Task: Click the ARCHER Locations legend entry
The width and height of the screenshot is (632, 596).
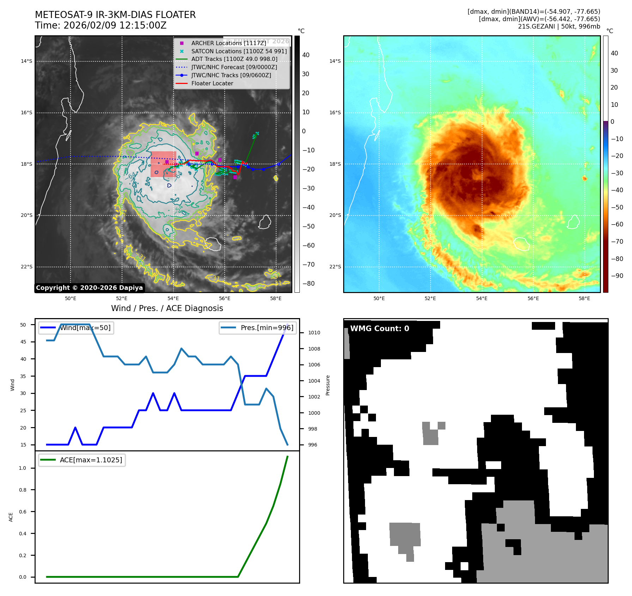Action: coord(229,43)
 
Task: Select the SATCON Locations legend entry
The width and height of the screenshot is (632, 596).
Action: coord(239,51)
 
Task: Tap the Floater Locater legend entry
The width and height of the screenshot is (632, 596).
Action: coord(212,84)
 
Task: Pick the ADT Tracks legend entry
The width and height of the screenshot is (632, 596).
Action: coord(234,59)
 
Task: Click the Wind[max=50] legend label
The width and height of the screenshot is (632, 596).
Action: coord(85,328)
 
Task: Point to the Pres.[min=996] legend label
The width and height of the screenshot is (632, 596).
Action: coord(267,328)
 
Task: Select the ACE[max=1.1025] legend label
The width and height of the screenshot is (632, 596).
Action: coord(91,460)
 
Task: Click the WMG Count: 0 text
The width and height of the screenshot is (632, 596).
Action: coord(379,329)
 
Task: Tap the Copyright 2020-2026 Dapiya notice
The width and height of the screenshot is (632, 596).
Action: coord(89,288)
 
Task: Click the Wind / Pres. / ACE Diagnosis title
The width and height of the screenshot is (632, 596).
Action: coord(167,309)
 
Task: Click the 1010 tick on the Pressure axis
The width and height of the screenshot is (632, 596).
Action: coord(314,333)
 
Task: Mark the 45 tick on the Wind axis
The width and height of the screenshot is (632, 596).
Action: coord(23,342)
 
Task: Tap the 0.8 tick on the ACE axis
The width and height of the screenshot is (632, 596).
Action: coord(23,490)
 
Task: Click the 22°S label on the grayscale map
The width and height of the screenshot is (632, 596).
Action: coord(26,267)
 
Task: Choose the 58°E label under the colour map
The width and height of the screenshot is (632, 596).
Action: coord(584,298)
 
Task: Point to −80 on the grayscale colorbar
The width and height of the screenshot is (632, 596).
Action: coord(308,284)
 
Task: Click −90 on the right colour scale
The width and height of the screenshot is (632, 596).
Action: coord(617,276)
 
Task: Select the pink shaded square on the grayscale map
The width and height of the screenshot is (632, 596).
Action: coord(163,164)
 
